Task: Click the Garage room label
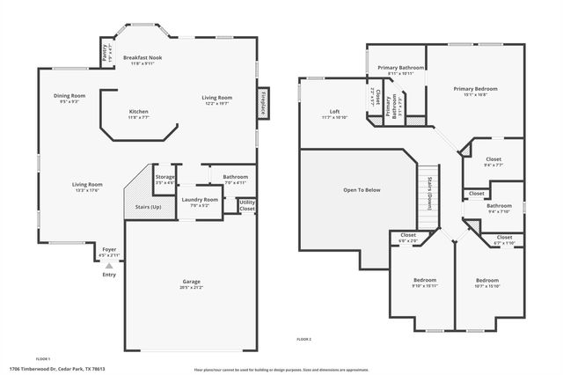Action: point(191,282)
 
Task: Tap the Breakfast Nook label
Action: point(142,57)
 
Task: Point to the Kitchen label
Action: point(139,112)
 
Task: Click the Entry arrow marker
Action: point(109,263)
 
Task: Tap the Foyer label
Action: point(109,249)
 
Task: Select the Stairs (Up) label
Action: point(148,207)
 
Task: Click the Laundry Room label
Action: point(200,200)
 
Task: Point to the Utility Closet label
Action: point(247,206)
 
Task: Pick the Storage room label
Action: point(165,177)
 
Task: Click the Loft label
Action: point(334,112)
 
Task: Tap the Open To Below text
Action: point(362,189)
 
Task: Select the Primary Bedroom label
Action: point(475,89)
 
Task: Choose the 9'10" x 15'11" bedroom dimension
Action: point(425,285)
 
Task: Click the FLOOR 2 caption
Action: point(303,339)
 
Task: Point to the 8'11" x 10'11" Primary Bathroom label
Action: point(400,73)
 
